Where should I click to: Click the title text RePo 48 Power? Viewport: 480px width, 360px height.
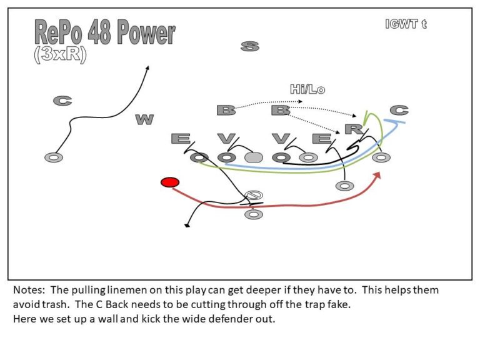pyautogui.click(x=104, y=32)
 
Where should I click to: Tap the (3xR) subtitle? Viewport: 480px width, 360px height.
pyautogui.click(x=60, y=54)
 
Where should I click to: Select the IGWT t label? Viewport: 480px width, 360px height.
pyautogui.click(x=406, y=24)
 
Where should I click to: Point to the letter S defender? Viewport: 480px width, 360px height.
pyautogui.click(x=249, y=46)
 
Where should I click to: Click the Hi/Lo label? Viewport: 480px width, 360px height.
pyautogui.click(x=307, y=89)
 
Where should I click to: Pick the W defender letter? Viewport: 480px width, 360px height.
pyautogui.click(x=144, y=119)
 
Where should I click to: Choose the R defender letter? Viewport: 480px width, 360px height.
pyautogui.click(x=354, y=129)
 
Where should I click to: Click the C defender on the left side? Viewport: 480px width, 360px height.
pyautogui.click(x=62, y=100)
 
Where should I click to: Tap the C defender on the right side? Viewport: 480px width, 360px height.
pyautogui.click(x=399, y=111)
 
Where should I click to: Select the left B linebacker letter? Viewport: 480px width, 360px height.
pyautogui.click(x=226, y=111)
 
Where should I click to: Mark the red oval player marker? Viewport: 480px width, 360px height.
pyautogui.click(x=169, y=182)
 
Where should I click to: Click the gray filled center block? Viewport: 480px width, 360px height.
pyautogui.click(x=253, y=157)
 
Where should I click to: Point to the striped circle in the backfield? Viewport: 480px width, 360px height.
pyautogui.click(x=254, y=196)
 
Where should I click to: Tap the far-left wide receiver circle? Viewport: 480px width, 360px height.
pyautogui.click(x=54, y=157)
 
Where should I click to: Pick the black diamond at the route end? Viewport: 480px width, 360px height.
pyautogui.click(x=187, y=225)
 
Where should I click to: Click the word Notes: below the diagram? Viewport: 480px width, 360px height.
pyautogui.click(x=28, y=291)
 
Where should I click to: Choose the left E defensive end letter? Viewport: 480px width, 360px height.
pyautogui.click(x=181, y=138)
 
